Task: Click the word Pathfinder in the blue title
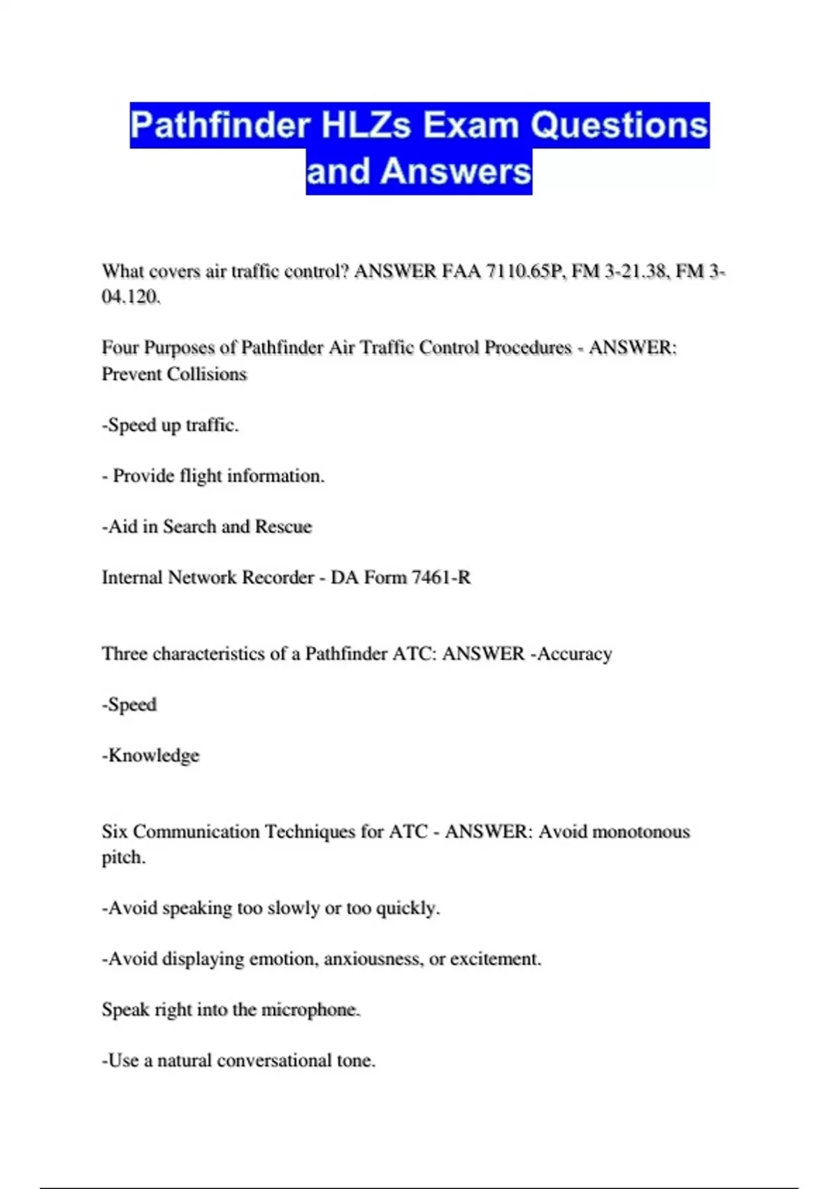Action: point(220,126)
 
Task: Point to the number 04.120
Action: point(131,297)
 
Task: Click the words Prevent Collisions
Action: point(174,374)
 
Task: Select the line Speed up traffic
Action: point(171,425)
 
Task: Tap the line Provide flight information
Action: point(214,476)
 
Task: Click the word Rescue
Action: point(283,527)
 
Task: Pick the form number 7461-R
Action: point(441,578)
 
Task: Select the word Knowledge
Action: point(153,755)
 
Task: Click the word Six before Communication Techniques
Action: point(115,832)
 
